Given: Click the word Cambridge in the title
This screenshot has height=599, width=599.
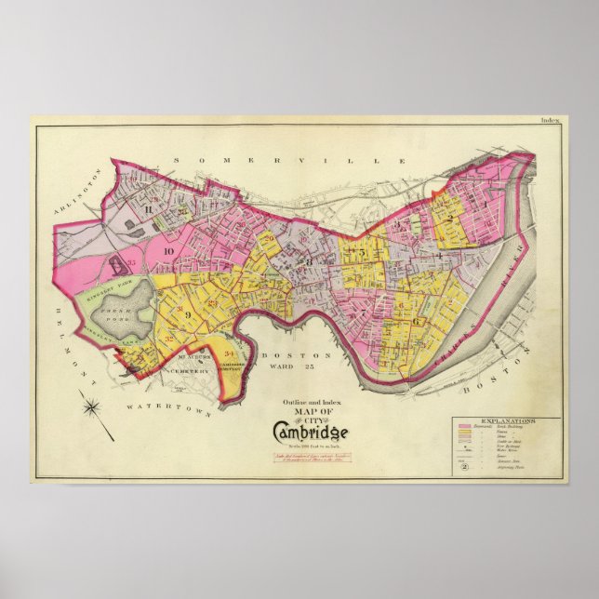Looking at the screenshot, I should (x=311, y=432).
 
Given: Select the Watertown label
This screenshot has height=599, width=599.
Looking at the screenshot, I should (x=158, y=406).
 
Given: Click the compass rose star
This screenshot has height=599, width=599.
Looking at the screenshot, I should (x=91, y=406).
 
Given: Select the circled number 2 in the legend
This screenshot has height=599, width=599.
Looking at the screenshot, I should (x=464, y=470).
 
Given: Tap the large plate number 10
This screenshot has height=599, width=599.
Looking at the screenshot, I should (x=169, y=251).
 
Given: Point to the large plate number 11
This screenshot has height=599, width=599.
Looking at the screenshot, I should (x=148, y=209).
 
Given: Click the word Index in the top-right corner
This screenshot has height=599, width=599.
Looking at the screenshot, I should (x=552, y=121).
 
